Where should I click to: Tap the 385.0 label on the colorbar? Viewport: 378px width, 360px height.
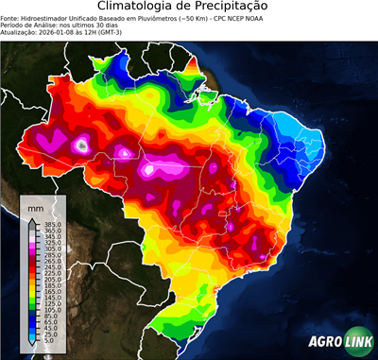44,223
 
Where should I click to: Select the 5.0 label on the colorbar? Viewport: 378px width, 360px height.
43,341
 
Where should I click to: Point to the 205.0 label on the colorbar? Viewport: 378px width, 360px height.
44,279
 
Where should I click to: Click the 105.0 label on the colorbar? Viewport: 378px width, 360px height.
44,310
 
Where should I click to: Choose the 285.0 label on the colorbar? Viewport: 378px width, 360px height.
44,254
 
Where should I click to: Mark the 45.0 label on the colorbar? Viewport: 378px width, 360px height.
43,329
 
